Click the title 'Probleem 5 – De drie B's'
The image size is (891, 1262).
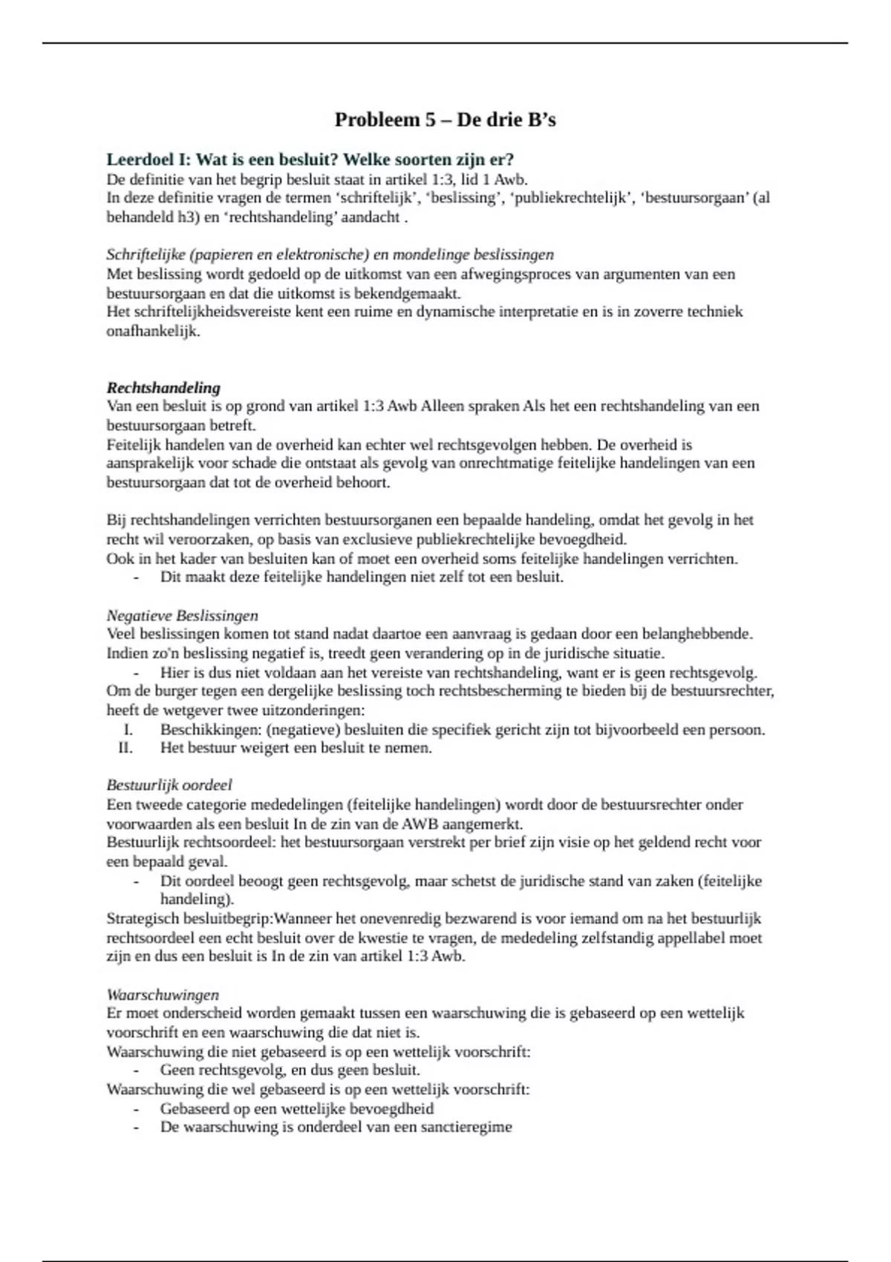(x=445, y=120)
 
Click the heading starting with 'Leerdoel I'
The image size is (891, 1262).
(x=310, y=160)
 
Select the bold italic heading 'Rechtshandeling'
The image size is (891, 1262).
(x=163, y=388)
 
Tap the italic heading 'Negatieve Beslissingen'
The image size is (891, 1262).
(x=183, y=615)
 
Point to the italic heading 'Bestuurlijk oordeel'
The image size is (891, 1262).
(x=169, y=785)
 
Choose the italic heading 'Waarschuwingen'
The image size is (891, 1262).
(x=163, y=995)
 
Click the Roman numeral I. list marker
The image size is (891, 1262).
(x=128, y=729)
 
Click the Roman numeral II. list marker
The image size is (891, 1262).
(x=125, y=748)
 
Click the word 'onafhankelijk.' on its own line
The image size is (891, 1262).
(x=153, y=331)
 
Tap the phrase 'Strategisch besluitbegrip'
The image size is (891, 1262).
(x=189, y=919)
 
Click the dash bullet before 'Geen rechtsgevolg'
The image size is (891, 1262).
(x=136, y=1070)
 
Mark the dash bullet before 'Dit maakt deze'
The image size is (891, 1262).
(x=136, y=577)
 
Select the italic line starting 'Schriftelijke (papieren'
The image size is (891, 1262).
(x=330, y=255)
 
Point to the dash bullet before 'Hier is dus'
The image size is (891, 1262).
(x=136, y=673)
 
